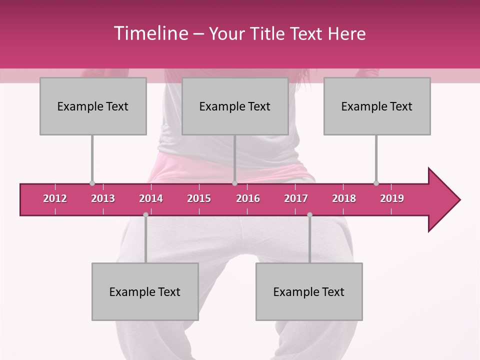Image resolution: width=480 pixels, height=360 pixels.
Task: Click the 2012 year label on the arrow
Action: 55,198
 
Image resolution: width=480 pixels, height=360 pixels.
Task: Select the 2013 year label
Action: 103,198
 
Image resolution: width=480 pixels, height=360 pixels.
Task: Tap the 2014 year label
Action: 151,198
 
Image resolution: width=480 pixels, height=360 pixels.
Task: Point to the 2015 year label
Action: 199,198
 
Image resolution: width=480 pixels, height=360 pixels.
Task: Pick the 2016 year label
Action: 248,198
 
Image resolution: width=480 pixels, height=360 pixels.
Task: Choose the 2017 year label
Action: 296,198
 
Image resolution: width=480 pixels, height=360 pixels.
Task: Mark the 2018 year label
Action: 344,198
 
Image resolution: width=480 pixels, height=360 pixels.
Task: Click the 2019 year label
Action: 392,198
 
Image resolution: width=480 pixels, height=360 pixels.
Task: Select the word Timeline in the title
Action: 150,33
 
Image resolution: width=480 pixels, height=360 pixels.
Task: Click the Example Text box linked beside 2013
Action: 93,106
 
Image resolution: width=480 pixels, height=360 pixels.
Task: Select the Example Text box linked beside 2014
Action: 145,291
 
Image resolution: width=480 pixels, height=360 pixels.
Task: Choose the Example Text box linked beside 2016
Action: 235,106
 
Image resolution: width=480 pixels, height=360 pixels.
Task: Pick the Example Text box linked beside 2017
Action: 309,291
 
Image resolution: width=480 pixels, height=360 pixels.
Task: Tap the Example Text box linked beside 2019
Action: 377,106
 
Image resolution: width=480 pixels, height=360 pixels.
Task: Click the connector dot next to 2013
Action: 92,183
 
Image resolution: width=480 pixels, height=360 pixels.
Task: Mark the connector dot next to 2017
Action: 309,215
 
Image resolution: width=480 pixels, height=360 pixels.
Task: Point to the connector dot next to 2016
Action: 234,183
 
